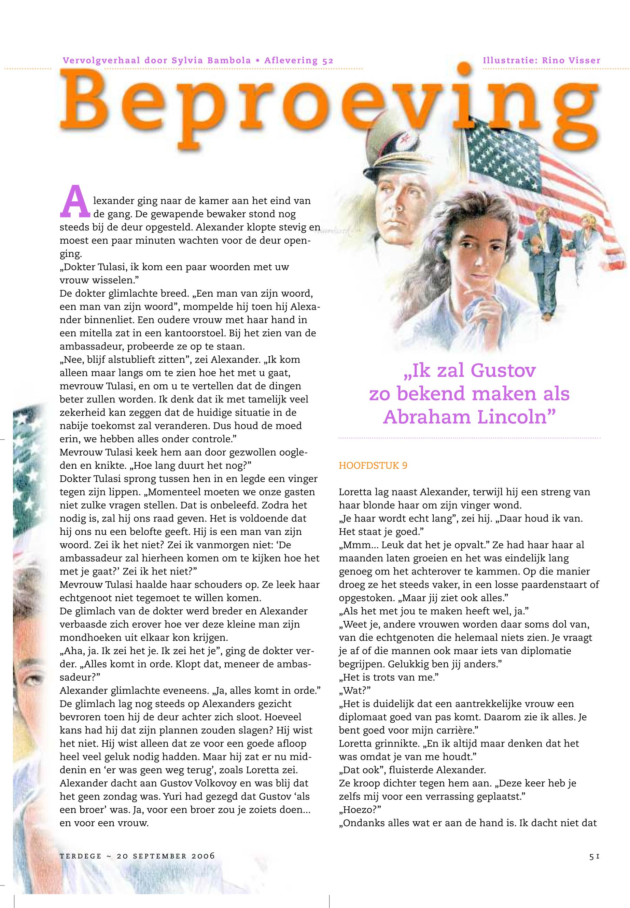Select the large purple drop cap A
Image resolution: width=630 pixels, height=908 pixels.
pyautogui.click(x=75, y=202)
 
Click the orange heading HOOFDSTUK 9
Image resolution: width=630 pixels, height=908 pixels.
pyautogui.click(x=373, y=466)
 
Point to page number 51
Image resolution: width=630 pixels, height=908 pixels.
pyautogui.click(x=595, y=855)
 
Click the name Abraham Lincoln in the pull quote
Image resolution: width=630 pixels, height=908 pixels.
pyautogui.click(x=470, y=417)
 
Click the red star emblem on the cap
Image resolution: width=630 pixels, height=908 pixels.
pyautogui.click(x=402, y=139)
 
